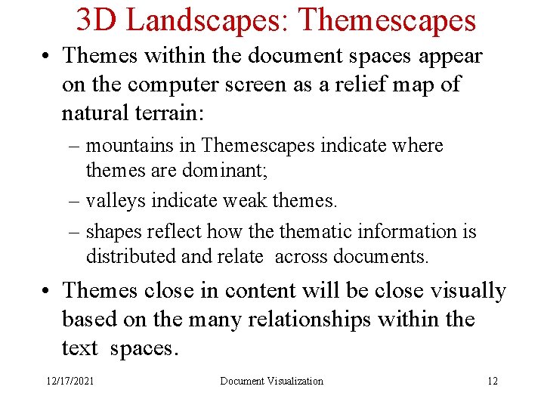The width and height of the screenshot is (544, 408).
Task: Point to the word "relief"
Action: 340,85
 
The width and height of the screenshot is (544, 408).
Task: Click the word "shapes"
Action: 114,231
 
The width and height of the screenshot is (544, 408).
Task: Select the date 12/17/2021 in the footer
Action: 70,381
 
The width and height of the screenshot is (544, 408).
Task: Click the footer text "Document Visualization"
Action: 271,381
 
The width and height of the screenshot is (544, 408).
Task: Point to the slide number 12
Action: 493,381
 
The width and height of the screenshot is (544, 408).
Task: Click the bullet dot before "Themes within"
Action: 49,57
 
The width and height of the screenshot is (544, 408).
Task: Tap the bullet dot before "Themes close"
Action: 49,292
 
